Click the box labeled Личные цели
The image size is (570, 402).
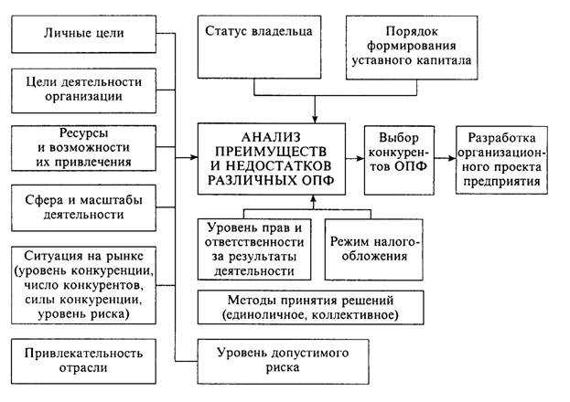pyautogui.click(x=83, y=36)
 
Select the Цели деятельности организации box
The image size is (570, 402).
pyautogui.click(x=83, y=90)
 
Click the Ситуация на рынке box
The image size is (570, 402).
pyautogui.click(x=83, y=283)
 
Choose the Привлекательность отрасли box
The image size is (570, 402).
pyautogui.click(x=83, y=360)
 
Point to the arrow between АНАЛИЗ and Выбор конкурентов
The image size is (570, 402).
pyautogui.click(x=354, y=157)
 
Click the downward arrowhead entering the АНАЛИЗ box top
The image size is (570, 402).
pyautogui.click(x=314, y=117)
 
